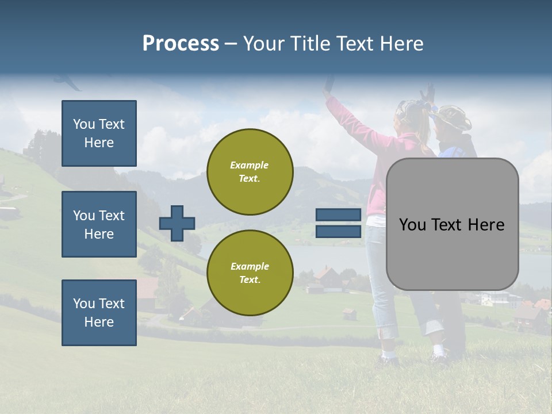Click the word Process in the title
181,43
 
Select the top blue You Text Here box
99,133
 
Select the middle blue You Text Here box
99,224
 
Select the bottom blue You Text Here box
99,312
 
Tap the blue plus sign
177,223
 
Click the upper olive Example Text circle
250,171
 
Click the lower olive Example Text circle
250,273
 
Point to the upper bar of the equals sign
339,215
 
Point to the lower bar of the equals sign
339,231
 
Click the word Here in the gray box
486,224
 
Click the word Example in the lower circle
250,266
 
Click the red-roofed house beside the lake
325,275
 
